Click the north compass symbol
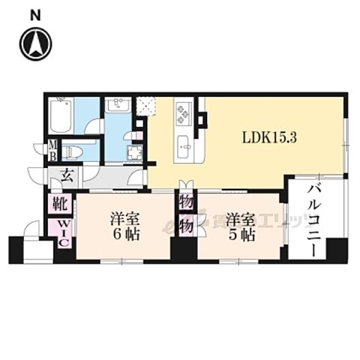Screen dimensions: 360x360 pos(35,44)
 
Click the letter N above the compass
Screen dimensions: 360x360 pos(35,13)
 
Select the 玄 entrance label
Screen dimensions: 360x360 pos(65,176)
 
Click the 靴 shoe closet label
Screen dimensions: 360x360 pos(61,203)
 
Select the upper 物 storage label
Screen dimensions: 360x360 pos(185,201)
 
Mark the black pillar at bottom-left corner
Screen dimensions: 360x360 pos(16,250)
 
